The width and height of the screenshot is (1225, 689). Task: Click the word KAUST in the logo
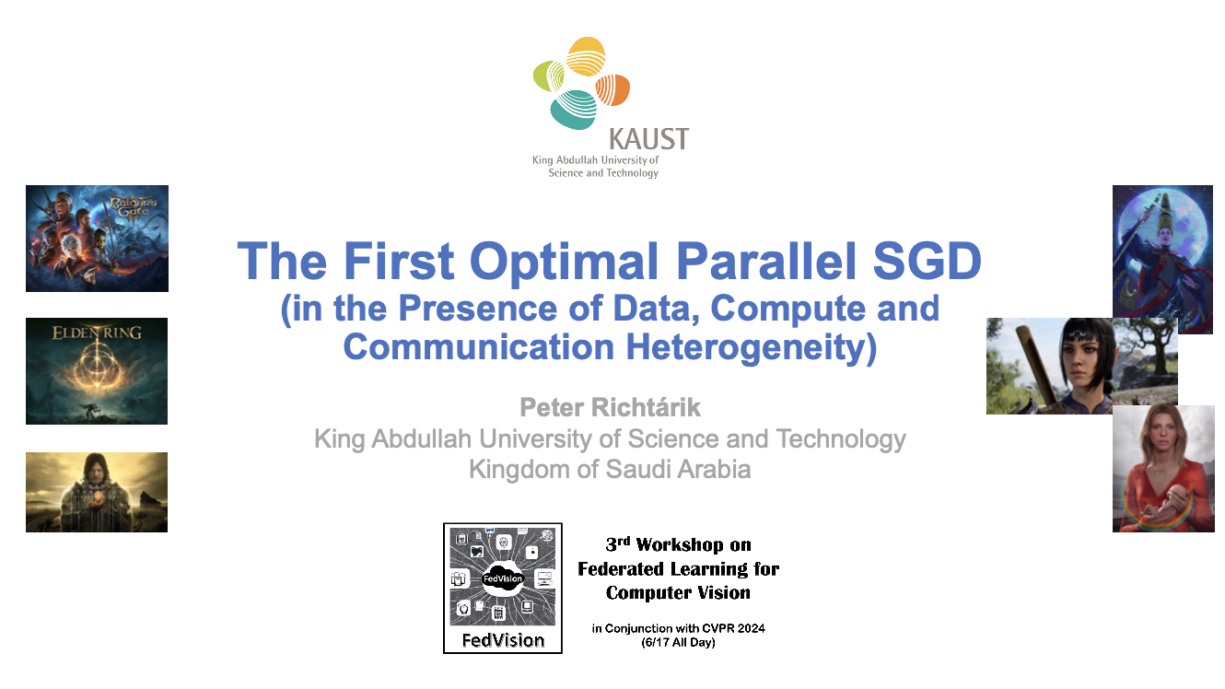tap(648, 139)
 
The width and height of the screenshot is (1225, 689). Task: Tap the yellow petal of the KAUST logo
tap(585, 56)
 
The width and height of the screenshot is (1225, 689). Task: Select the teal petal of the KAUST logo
tap(573, 110)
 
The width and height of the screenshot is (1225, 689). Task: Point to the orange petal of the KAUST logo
tap(612, 89)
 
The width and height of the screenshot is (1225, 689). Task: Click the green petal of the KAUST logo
tap(548, 76)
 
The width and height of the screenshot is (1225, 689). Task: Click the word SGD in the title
tap(927, 261)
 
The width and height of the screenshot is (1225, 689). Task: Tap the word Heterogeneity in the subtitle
tap(752, 348)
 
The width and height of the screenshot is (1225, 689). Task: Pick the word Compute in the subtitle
tap(788, 309)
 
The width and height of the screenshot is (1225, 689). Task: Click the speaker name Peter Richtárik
tap(610, 407)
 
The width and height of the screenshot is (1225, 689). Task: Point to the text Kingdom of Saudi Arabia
tap(610, 469)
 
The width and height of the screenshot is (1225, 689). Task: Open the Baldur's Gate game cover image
tap(97, 239)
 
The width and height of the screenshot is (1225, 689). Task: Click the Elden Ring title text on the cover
tap(97, 333)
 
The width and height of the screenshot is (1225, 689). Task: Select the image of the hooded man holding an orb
tap(97, 492)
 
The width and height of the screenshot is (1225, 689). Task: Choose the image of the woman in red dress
tap(1163, 469)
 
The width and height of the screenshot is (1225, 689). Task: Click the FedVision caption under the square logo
tap(503, 640)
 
